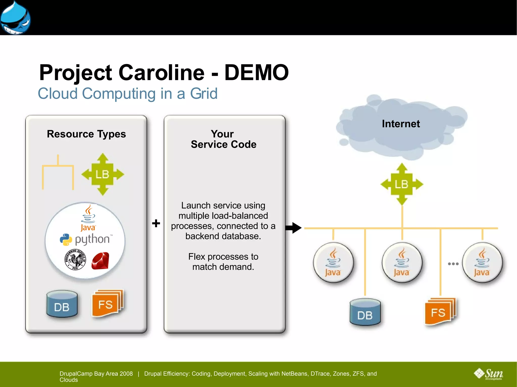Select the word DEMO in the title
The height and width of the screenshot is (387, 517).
pos(256,73)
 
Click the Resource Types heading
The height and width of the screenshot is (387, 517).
pos(86,134)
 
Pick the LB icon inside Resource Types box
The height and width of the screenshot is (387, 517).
pos(102,174)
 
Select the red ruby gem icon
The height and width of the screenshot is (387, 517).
pos(100,261)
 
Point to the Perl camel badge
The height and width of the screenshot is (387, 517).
pos(75,260)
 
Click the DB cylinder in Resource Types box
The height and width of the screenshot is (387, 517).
pos(62,304)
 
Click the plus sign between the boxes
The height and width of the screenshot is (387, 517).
pos(156,223)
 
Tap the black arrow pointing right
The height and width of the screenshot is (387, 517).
pos(293,228)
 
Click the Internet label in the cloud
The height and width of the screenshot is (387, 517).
pos(401,124)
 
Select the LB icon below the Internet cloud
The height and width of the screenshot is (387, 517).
pos(402,184)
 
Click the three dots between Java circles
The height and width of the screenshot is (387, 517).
pos(453,264)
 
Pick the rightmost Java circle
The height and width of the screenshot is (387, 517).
pos(482,262)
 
